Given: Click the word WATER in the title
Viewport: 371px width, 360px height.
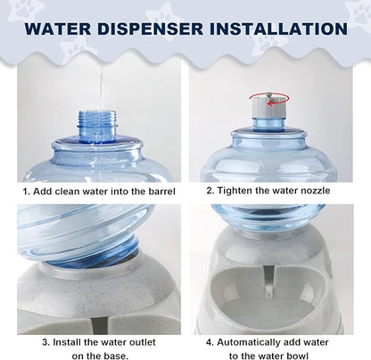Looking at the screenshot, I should (x=61, y=28).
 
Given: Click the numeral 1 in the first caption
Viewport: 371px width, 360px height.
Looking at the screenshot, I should (x=25, y=191).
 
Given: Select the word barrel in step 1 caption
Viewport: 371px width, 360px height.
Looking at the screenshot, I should (x=158, y=191).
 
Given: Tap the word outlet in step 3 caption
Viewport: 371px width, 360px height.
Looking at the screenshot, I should (x=142, y=341).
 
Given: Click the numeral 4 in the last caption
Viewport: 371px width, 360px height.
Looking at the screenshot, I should (x=210, y=341).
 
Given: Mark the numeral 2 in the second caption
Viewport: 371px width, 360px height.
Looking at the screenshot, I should (x=210, y=191).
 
